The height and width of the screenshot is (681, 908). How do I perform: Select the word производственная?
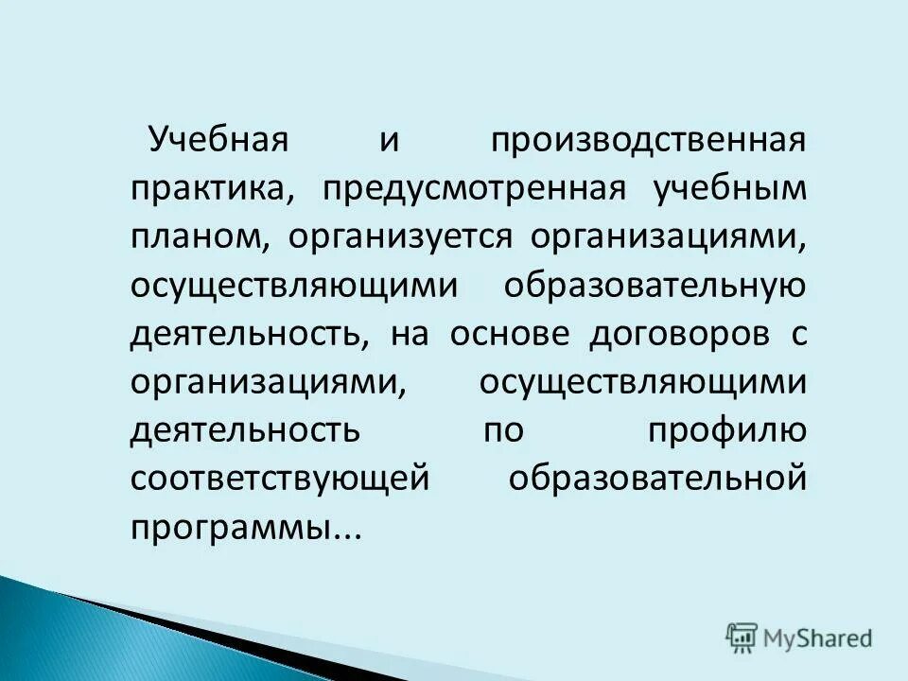648,142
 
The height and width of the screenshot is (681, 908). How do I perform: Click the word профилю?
726,431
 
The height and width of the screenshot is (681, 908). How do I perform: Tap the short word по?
504,431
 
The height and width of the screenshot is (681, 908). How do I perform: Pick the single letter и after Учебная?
389,142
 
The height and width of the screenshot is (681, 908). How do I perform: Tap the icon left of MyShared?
742,637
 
